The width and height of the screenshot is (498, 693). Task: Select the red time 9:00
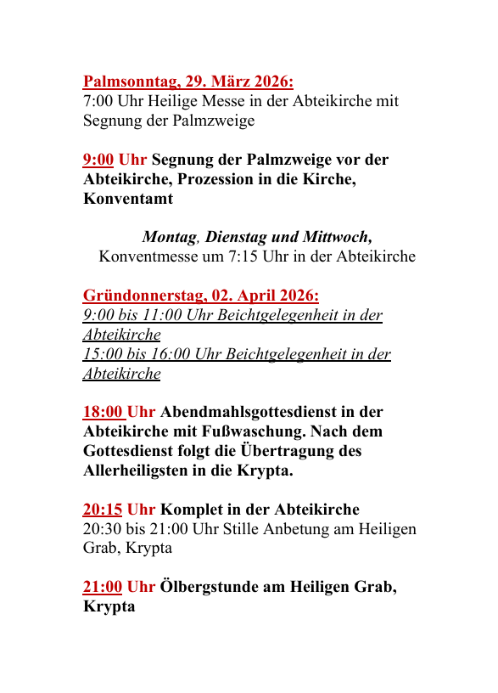(98, 160)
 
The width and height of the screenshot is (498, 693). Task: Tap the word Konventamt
(128, 200)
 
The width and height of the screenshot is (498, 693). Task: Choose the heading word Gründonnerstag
(142, 296)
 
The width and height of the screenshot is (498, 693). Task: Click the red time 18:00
(103, 413)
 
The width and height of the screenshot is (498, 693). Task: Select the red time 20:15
(103, 510)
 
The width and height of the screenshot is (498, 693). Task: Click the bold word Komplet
(192, 510)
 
